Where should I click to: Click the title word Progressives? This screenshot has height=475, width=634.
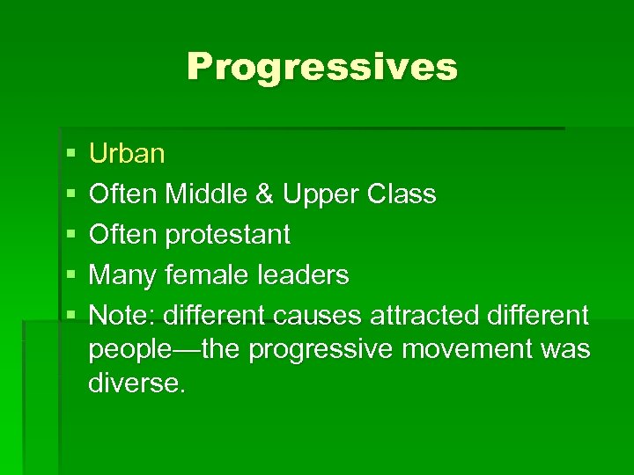coord(321,67)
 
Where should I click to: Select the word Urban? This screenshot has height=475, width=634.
coord(127,154)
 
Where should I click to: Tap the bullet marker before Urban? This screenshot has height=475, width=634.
coord(70,155)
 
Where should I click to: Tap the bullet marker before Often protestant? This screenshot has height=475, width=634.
coord(70,236)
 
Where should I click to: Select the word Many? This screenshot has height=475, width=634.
coord(123,275)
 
